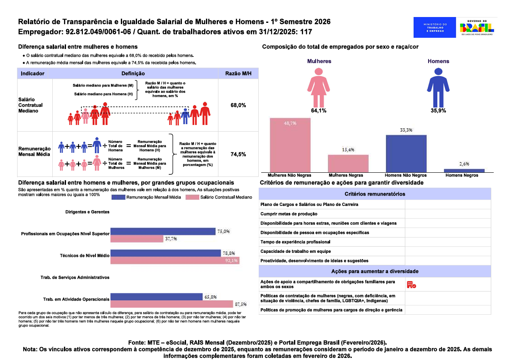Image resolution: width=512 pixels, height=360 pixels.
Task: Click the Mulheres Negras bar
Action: pos(348,163)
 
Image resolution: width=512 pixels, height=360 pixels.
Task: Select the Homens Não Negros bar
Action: pos(406,152)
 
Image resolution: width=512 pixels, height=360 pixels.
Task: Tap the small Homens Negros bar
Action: pos(464,170)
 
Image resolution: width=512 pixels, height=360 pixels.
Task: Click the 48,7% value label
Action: pos(290,123)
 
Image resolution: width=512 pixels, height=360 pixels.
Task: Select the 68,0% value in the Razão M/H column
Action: pos(238,105)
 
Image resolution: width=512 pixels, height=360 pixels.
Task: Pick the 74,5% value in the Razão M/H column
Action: pos(238,154)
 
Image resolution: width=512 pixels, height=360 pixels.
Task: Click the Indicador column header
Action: pos(32,73)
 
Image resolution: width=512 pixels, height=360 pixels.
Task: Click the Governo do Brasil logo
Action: pos(477,27)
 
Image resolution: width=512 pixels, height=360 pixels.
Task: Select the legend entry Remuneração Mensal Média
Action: pos(147,197)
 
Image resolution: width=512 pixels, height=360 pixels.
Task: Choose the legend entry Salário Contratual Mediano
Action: pos(219,197)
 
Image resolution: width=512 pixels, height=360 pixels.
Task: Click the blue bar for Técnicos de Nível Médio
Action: pos(165,253)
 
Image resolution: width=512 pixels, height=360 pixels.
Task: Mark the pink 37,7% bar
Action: pos(137,239)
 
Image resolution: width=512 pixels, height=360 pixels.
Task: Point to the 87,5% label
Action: pos(241,304)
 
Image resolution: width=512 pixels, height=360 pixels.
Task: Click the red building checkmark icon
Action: pos(411,284)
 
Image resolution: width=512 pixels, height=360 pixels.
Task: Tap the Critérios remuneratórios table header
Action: pos(375,194)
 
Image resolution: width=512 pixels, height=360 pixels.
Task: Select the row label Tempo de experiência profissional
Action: pos(295,242)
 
